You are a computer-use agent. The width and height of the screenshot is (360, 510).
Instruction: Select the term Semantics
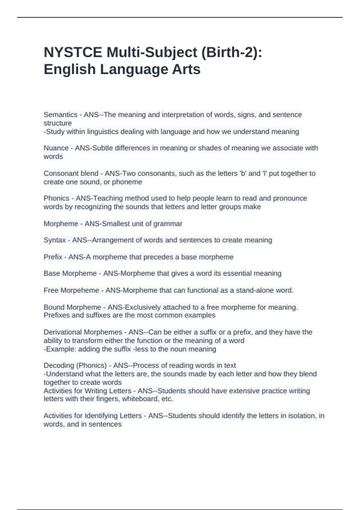pos(60,115)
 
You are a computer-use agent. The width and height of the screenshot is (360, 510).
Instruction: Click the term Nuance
pos(56,148)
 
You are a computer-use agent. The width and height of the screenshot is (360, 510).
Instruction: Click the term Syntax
pos(55,240)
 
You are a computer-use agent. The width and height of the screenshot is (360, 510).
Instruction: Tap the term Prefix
pos(53,257)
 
